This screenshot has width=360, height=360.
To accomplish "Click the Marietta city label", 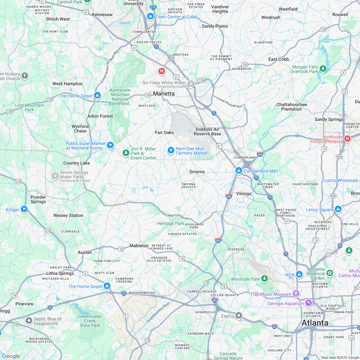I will pyautogui.click(x=164, y=94).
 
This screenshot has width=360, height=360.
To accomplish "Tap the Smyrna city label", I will pyautogui.click(x=197, y=172).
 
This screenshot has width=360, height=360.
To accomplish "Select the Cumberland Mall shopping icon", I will pyautogui.click(x=239, y=171).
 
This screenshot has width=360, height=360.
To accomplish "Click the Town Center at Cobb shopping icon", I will pyautogui.click(x=150, y=16).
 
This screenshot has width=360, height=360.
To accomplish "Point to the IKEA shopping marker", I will pyautogui.click(x=299, y=274).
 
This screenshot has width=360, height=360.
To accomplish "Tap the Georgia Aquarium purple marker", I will pyautogui.click(x=309, y=303).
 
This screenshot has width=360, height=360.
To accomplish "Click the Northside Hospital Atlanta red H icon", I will pyautogui.click(x=347, y=139).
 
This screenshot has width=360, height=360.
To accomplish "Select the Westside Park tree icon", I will pyautogui.click(x=265, y=278).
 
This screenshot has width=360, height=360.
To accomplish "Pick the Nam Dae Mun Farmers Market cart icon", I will pyautogui.click(x=171, y=150).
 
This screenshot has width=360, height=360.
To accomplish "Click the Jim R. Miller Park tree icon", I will pyautogui.click(x=126, y=152).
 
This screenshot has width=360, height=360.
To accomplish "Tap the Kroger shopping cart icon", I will pyautogui.click(x=24, y=209).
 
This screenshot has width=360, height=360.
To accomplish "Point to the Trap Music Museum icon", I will pyautogui.click(x=296, y=294).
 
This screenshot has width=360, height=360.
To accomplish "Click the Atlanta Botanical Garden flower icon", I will pyautogui.click(x=329, y=273).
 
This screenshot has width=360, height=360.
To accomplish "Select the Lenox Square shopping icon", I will pyautogui.click(x=338, y=209).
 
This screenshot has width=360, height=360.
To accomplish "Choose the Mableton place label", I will pyautogui.click(x=139, y=246).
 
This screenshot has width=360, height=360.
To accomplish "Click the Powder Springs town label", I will pyautogui.click(x=38, y=199).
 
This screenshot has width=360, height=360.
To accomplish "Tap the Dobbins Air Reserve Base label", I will pyautogui.click(x=208, y=131).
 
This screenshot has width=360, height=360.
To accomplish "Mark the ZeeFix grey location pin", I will pyautogui.click(x=239, y=316).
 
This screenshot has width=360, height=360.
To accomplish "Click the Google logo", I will pyautogui.click(x=11, y=356).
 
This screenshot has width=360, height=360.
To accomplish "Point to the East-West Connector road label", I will pyautogui.click(x=175, y=215).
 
